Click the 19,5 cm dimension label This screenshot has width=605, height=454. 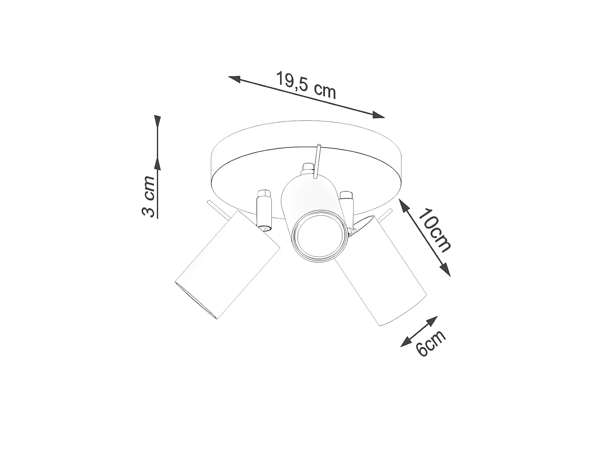click(x=306, y=85)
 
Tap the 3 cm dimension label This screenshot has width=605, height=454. click(x=149, y=196)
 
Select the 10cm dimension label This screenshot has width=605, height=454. click(x=434, y=230)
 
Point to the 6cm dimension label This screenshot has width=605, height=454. click(x=430, y=342)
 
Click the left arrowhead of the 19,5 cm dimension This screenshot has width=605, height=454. click(x=235, y=79)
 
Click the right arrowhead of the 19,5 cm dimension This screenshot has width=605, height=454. click(x=378, y=115)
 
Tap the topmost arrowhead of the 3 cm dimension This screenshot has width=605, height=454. click(x=157, y=121)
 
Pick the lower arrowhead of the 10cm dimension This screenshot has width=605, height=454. click(x=445, y=269)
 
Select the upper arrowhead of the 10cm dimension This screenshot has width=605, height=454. click(x=403, y=205)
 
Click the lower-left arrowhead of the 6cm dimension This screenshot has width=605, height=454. click(x=406, y=342)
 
